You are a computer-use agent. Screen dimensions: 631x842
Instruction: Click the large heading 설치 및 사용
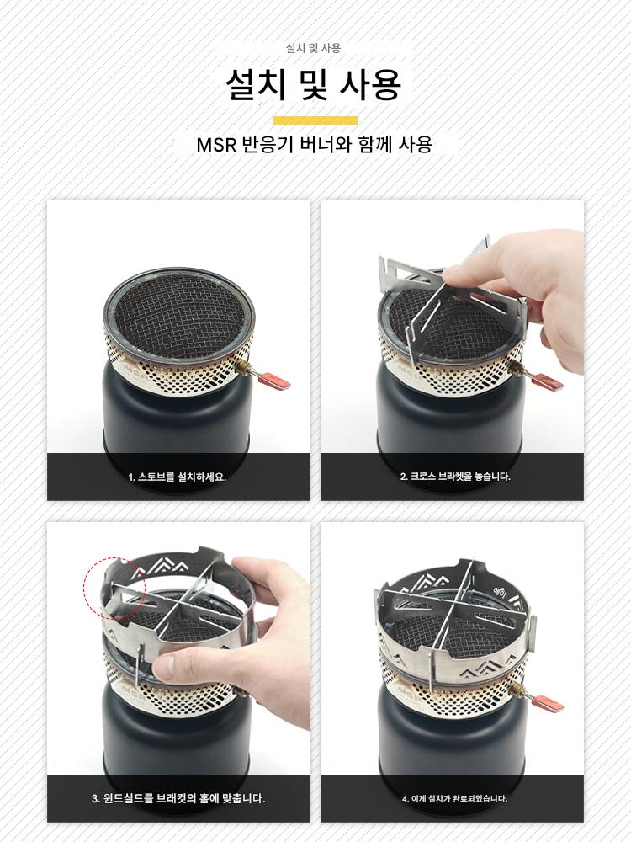[x=313, y=84]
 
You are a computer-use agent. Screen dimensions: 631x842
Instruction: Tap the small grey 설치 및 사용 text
[x=313, y=48]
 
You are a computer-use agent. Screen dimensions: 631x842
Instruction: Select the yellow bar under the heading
[x=315, y=120]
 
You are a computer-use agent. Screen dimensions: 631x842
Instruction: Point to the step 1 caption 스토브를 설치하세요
[x=178, y=477]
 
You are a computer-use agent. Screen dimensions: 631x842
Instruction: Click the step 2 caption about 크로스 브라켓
[x=455, y=477]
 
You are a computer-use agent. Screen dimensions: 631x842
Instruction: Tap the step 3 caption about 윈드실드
[x=178, y=798]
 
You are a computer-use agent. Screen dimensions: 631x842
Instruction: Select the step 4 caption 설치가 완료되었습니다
[x=454, y=798]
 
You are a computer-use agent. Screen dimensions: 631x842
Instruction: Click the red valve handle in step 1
[x=274, y=381]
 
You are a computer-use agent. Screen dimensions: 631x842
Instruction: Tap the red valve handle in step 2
[x=548, y=380]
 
